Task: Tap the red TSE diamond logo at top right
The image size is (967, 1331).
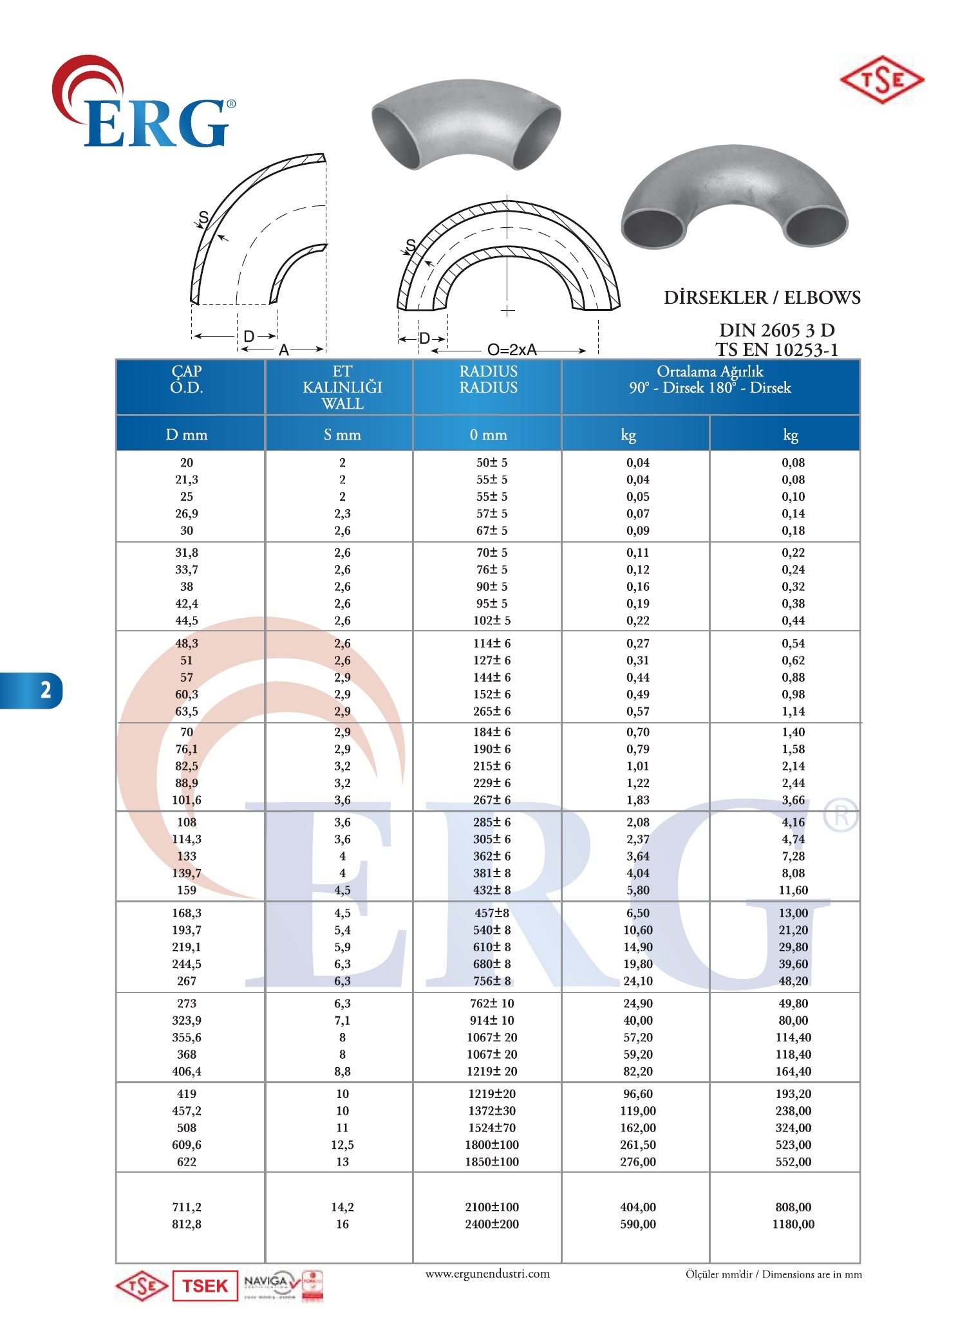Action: [882, 80]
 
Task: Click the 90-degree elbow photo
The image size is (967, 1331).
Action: [465, 124]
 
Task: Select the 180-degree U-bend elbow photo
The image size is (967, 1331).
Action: [735, 200]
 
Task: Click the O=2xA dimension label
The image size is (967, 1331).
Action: [512, 350]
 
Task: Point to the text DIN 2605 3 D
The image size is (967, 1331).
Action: [776, 330]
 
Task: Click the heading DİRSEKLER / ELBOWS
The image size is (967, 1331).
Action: [762, 297]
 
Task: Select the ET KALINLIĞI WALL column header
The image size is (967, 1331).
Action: [342, 387]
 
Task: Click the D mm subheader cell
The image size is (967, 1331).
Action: [187, 435]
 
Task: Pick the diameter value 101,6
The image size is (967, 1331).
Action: [187, 800]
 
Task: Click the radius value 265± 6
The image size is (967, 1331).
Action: [492, 711]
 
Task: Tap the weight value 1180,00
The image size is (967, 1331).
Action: [793, 1224]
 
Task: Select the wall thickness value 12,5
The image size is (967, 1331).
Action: [342, 1145]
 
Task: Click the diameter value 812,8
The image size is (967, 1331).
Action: [187, 1224]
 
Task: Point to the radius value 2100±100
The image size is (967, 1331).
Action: [492, 1207]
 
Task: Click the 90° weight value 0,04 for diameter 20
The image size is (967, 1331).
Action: [637, 463]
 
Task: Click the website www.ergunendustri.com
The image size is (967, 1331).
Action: [487, 1274]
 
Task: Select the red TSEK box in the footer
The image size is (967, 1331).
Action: [205, 1286]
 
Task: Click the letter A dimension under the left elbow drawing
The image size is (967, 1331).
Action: [283, 351]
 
